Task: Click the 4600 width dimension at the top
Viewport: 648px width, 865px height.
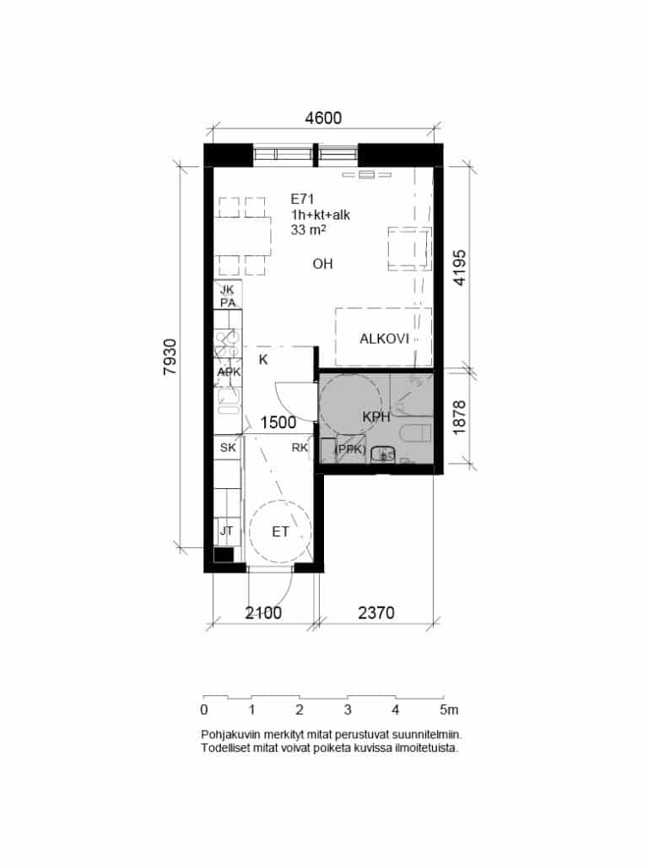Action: pos(323,118)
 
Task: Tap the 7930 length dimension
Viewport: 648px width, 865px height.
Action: pos(170,357)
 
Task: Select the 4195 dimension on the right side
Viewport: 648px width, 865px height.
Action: pos(459,268)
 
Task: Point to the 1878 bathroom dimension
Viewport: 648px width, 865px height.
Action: pos(459,417)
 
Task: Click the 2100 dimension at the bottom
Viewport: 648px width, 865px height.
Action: pos(263,613)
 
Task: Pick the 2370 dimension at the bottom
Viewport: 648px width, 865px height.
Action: pos(376,613)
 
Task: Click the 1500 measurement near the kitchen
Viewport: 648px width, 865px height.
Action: pos(278,422)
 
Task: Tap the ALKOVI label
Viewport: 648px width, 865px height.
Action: pos(384,339)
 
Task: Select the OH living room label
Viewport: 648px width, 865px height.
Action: pos(323,264)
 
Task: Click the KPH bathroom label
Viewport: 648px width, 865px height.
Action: pos(376,417)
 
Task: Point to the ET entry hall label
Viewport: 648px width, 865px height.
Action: pos(280,532)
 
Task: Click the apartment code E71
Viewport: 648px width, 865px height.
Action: pos(303,199)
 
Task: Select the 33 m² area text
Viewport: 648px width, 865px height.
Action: pos(309,230)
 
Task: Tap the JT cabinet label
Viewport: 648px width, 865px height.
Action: pos(226,530)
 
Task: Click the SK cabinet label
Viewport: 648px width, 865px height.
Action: pos(228,448)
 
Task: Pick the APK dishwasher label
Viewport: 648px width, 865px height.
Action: pos(229,372)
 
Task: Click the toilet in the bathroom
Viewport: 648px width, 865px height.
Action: pos(415,433)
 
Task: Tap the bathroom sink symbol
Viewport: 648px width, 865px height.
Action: pos(383,455)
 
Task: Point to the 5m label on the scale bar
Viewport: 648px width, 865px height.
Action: pos(449,710)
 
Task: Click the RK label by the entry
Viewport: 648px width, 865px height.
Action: pos(300,448)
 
